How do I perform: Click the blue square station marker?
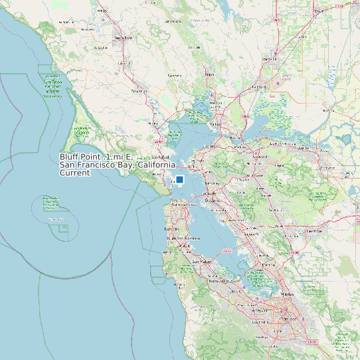tap(179, 179)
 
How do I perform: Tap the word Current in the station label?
tap(74, 173)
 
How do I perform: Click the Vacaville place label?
tap(269, 59)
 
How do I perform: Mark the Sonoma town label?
tap(174, 76)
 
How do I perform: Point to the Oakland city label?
tap(212, 200)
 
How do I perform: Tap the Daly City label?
tap(171, 229)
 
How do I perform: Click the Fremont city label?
tap(268, 265)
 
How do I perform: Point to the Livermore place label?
tap(314, 231)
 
